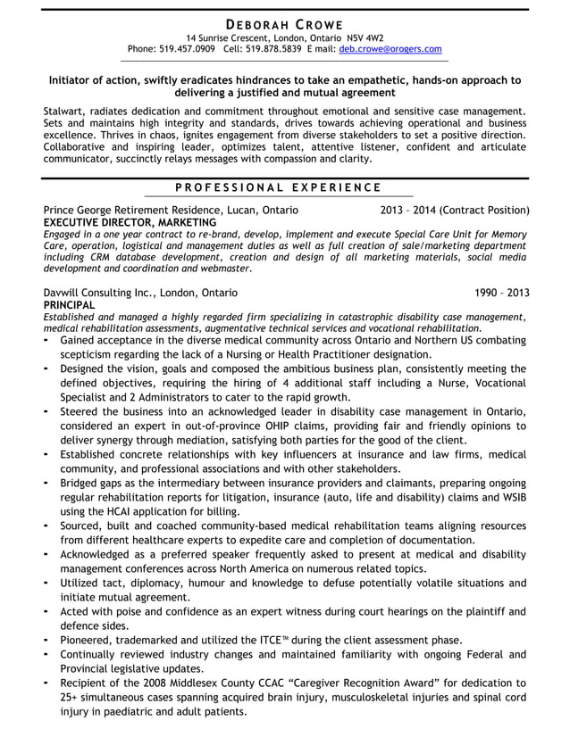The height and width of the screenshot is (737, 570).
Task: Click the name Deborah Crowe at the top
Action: [285, 23]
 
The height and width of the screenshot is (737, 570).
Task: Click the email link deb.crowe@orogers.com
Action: [390, 49]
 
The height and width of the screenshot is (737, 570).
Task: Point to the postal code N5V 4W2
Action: [361, 37]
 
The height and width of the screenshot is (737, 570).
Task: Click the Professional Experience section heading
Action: [278, 187]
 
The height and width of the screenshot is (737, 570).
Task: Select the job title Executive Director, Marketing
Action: [130, 222]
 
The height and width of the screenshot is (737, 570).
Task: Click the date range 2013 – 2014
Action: [407, 211]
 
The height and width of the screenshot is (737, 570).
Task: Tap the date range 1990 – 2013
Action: [501, 292]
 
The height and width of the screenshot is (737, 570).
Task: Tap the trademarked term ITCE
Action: [297, 640]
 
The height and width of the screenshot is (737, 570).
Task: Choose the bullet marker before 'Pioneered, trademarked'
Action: [46, 639]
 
